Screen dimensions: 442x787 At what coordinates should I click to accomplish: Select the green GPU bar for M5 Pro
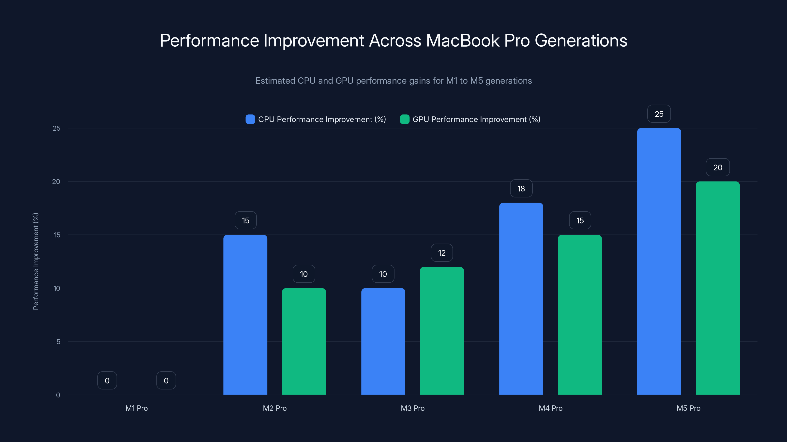718,288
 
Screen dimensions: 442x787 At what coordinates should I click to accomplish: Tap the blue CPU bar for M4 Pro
521,299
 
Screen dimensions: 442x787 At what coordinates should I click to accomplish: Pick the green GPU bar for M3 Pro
442,331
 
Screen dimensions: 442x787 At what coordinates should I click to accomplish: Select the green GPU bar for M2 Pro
304,341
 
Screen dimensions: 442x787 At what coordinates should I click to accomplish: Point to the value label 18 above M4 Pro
521,189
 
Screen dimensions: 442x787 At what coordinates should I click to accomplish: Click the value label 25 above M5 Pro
659,114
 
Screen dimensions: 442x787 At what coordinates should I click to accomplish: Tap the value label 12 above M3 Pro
442,253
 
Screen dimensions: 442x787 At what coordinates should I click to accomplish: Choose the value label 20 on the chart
718,167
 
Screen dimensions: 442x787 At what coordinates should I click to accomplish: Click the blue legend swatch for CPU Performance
250,119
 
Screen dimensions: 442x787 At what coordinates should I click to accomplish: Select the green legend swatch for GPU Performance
405,119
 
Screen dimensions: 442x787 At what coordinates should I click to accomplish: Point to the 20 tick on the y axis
56,181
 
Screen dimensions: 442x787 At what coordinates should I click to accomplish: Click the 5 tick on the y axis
58,342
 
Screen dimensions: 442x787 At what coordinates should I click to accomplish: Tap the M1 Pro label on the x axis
136,408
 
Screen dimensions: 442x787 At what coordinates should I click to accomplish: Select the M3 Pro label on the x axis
412,408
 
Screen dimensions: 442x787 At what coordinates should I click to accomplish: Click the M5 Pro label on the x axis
688,408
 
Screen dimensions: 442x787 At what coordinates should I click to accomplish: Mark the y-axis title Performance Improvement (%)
36,262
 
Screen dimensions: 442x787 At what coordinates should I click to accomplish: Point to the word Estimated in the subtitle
275,81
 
